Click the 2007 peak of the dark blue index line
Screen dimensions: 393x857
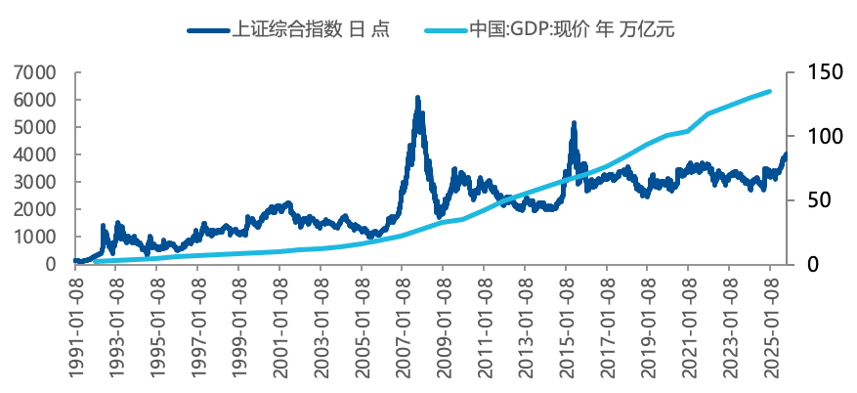point(417,99)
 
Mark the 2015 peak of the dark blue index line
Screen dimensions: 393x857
point(574,123)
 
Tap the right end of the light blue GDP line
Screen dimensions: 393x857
point(770,91)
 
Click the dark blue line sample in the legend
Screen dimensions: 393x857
point(207,29)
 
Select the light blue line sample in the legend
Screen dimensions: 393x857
point(445,29)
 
